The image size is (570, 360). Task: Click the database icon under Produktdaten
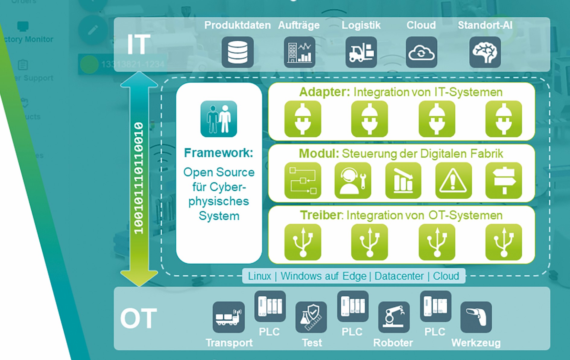pos(237,52)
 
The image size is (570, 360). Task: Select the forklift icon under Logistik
pos(361,52)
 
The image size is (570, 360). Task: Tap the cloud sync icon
pos(421,52)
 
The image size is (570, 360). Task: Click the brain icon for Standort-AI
pos(485,52)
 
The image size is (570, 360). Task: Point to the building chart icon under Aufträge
pos(299,52)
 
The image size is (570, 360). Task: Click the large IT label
pos(138,45)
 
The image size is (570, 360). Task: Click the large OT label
pos(138,318)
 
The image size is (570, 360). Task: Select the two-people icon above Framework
pos(219,119)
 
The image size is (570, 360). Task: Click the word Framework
pos(218,153)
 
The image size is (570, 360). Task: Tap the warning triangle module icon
pos(453,181)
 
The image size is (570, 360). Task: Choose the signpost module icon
pos(503,181)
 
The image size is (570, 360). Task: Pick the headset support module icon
pos(353,181)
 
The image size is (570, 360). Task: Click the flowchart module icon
pos(302,181)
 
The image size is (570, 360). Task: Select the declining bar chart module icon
pos(403,181)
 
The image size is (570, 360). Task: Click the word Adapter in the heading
pos(324,92)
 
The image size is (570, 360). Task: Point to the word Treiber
pos(321,215)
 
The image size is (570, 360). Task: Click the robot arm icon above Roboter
pos(394,317)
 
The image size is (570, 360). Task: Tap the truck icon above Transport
pos(229,317)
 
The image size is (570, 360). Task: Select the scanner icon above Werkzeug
pos(476,317)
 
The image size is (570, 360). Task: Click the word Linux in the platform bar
pos(259,276)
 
